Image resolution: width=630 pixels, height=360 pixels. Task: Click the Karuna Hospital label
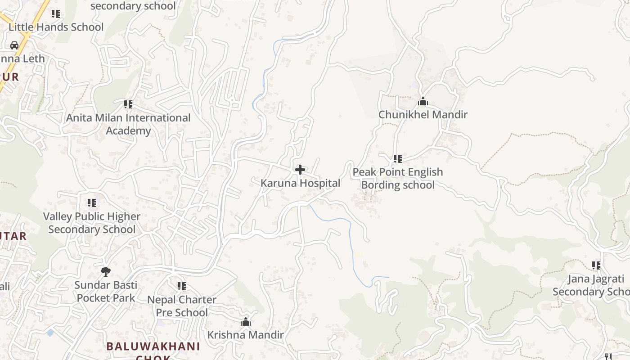pyautogui.click(x=300, y=183)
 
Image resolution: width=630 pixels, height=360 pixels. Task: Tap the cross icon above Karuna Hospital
pyautogui.click(x=300, y=170)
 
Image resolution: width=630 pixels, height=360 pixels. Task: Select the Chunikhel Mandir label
pyautogui.click(x=423, y=114)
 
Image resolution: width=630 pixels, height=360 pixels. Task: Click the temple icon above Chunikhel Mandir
pyautogui.click(x=423, y=102)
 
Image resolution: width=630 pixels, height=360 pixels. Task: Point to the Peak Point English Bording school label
pyautogui.click(x=398, y=178)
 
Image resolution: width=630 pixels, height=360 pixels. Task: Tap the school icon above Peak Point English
pyautogui.click(x=397, y=158)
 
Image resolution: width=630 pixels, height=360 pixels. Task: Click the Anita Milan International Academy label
pyautogui.click(x=128, y=124)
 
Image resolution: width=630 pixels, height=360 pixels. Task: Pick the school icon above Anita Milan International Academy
pyautogui.click(x=128, y=104)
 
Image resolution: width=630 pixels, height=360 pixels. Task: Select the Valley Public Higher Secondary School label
pyautogui.click(x=92, y=223)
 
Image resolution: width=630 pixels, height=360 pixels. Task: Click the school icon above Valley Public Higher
pyautogui.click(x=92, y=203)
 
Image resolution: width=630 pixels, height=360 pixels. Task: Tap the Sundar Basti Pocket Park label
pyautogui.click(x=106, y=291)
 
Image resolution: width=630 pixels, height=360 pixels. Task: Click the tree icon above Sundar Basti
pyautogui.click(x=106, y=271)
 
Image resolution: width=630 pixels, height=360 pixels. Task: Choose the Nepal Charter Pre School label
pyautogui.click(x=182, y=306)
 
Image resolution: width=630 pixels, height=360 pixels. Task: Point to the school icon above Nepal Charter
pyautogui.click(x=182, y=286)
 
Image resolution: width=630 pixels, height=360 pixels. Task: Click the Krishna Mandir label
pyautogui.click(x=245, y=335)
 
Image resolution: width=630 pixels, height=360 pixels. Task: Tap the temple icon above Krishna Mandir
pyautogui.click(x=245, y=322)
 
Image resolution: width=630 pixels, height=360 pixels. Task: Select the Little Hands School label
pyautogui.click(x=56, y=27)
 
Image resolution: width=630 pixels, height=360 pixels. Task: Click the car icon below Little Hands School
pyautogui.click(x=14, y=45)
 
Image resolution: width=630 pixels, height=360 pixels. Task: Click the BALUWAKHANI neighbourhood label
pyautogui.click(x=153, y=346)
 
